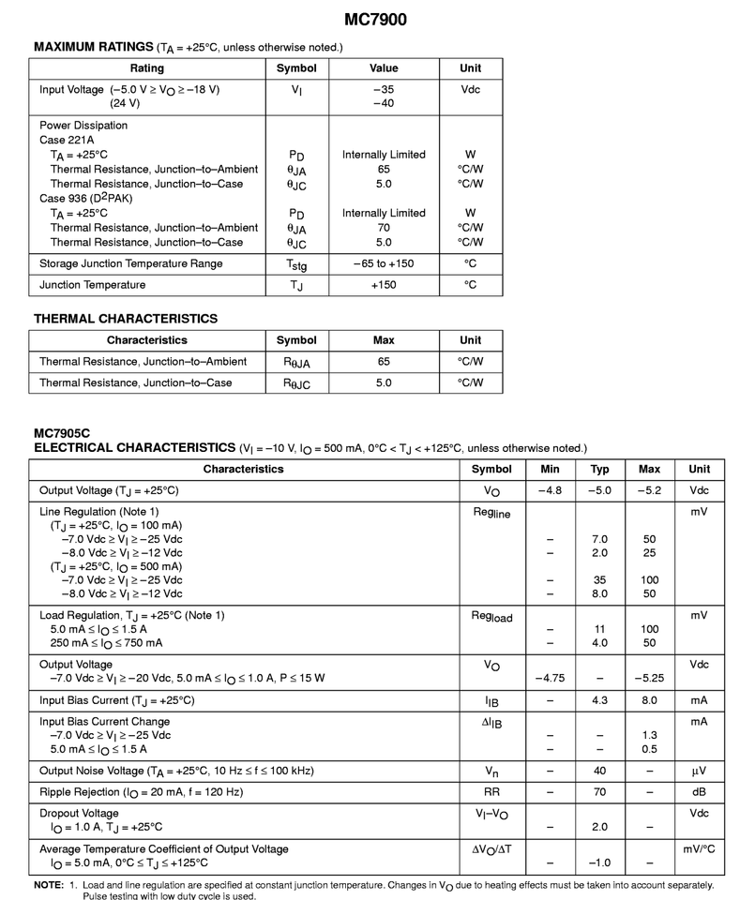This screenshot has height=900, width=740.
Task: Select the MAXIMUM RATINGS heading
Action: [93, 47]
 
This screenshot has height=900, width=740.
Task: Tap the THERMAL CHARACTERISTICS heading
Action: [126, 319]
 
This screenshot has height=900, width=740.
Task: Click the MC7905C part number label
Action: [61, 434]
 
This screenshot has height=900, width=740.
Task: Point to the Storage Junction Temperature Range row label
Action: [131, 263]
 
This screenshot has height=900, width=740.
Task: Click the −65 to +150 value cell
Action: [384, 263]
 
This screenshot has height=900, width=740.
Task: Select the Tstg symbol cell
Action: [296, 265]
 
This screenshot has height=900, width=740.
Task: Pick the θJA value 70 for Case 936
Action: [384, 228]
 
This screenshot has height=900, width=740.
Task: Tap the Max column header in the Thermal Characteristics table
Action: [384, 340]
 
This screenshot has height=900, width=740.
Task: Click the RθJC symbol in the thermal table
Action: [296, 383]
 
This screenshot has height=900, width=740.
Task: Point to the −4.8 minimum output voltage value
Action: [550, 490]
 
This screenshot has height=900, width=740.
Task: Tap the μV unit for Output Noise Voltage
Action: [699, 771]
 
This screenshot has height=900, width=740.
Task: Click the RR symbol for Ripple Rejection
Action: [491, 792]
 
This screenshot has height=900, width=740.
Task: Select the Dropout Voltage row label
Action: [79, 813]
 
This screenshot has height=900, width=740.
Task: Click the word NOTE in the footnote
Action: [48, 885]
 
